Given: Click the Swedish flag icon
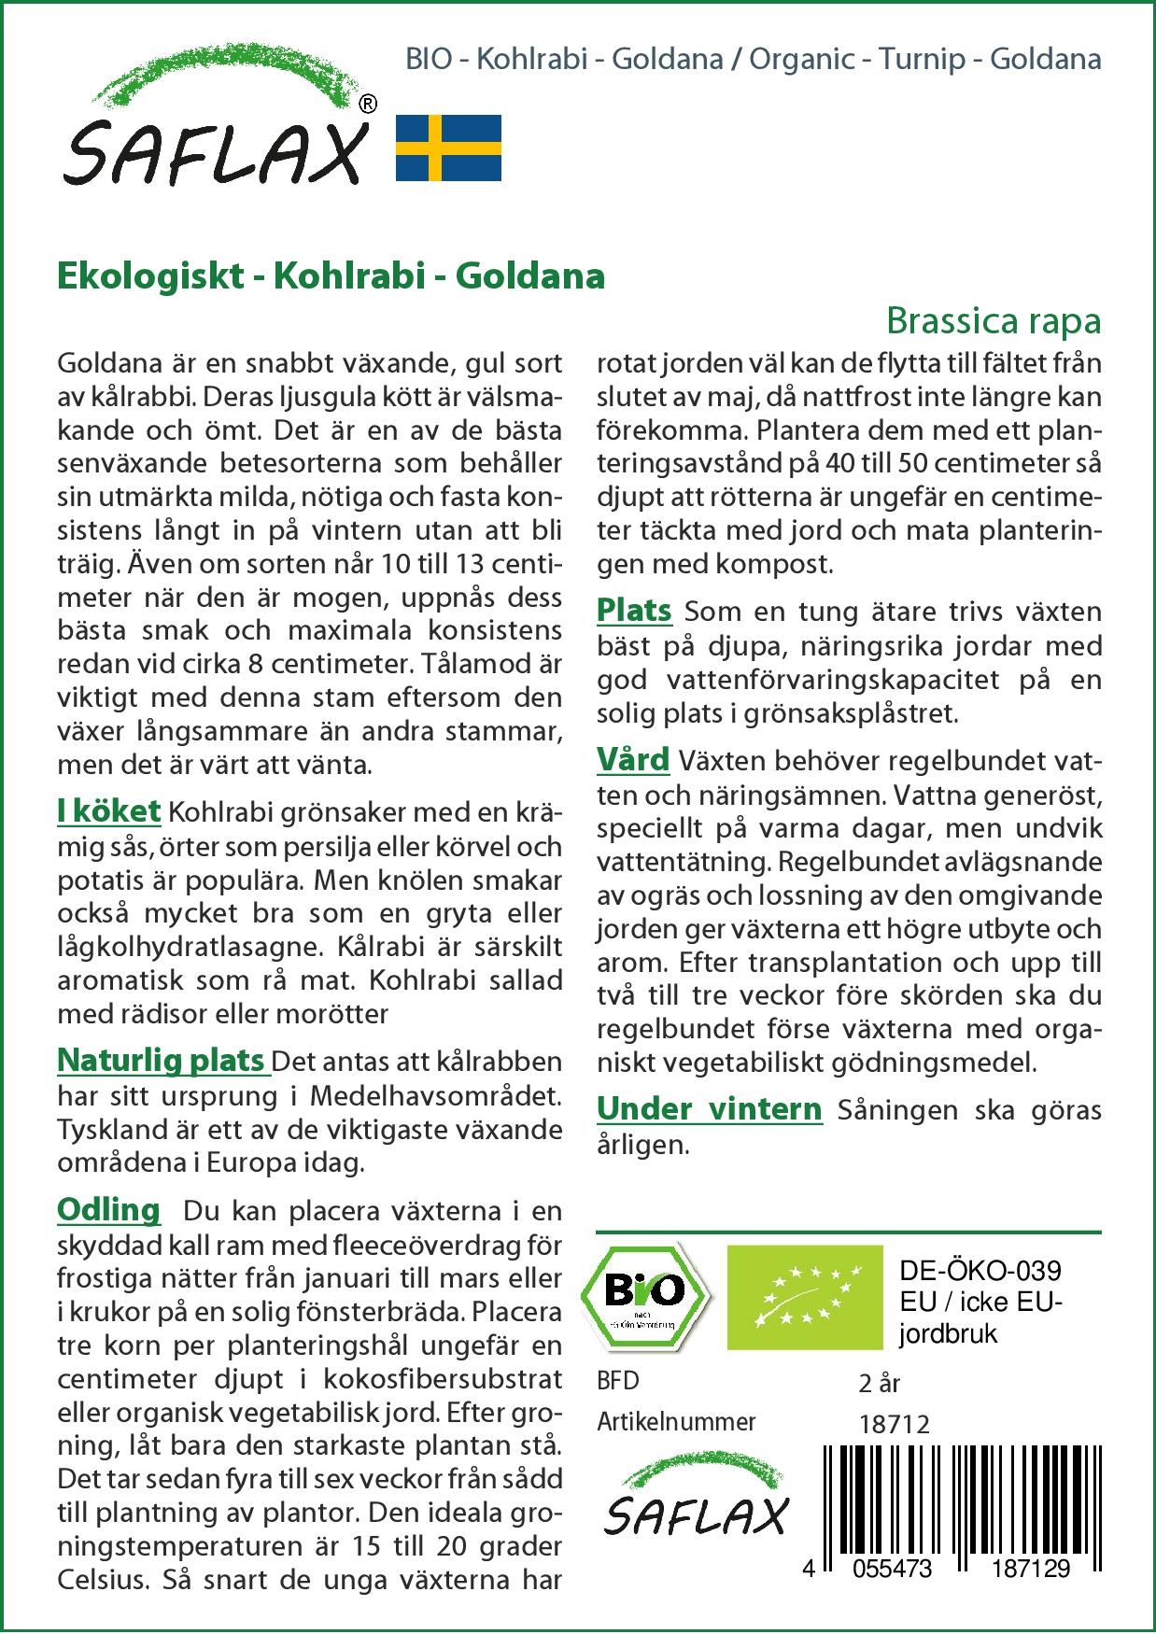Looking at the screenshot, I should (448, 148).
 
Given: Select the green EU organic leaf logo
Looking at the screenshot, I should (804, 1297).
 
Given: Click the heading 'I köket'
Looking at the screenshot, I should (109, 811).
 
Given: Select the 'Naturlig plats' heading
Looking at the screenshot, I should (162, 1061).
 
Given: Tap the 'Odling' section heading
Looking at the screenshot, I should (108, 1209).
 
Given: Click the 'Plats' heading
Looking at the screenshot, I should (634, 611).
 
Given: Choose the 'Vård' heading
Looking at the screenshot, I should (633, 759).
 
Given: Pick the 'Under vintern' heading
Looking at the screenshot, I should (710, 1109).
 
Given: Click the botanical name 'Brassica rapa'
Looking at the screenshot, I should (994, 320).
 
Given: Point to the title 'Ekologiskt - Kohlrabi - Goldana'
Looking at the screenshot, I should (331, 275).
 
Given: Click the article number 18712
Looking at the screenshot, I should (894, 1424).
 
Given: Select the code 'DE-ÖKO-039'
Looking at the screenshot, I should (980, 1271).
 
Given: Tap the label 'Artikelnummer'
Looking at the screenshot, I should (676, 1422).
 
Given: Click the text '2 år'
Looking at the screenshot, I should (879, 1383).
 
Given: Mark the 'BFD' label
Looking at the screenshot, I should (618, 1381).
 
